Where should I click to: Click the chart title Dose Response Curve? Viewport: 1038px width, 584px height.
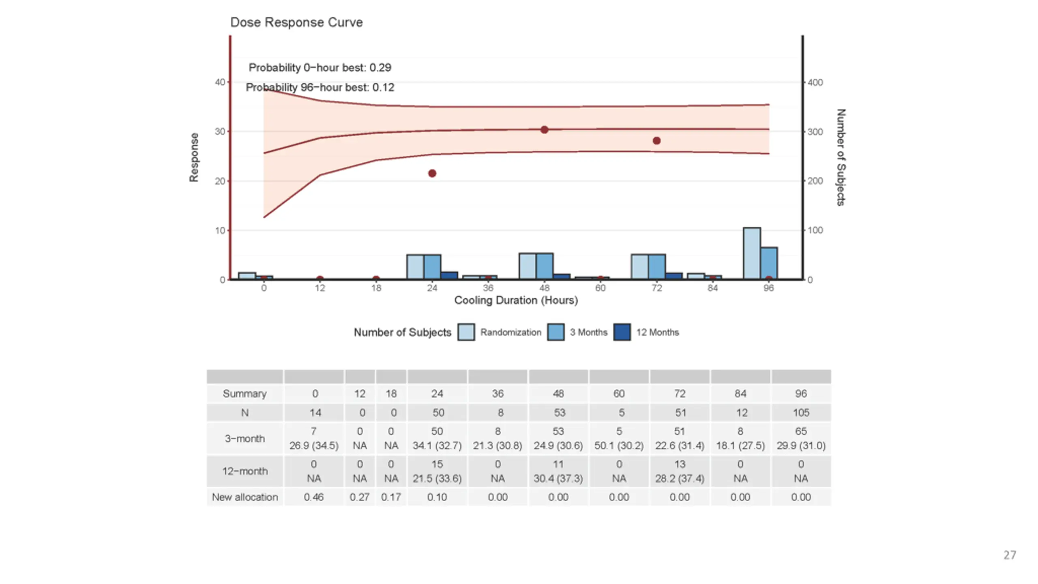tap(296, 22)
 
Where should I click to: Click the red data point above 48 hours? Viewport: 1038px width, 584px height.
tap(545, 130)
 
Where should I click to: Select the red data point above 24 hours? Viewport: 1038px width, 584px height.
tap(432, 174)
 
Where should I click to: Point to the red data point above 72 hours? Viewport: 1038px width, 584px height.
tap(657, 141)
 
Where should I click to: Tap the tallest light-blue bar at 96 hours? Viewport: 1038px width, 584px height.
tap(752, 253)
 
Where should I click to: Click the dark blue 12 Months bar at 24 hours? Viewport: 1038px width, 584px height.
tap(449, 276)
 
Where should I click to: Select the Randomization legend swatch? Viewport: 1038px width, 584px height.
tap(466, 332)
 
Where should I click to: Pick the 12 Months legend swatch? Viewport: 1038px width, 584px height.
tap(622, 332)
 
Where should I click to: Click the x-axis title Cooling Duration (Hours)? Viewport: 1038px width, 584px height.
tap(516, 301)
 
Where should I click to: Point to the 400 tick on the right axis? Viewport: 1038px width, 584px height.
tap(815, 83)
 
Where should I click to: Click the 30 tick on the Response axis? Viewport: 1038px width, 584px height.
tap(220, 132)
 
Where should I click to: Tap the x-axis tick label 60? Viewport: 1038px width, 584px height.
tap(600, 288)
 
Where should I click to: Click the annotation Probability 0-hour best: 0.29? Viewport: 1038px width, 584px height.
tap(320, 68)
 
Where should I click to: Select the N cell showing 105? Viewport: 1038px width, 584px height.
tap(801, 413)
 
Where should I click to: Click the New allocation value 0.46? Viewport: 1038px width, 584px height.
tap(314, 497)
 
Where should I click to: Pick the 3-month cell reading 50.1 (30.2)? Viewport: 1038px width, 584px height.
tap(619, 446)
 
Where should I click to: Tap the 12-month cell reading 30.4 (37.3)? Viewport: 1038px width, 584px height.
tap(558, 479)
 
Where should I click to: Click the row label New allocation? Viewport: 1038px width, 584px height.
tap(245, 497)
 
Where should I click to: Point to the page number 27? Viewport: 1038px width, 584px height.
tap(1010, 555)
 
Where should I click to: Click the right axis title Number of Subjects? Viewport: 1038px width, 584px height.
tap(841, 157)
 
